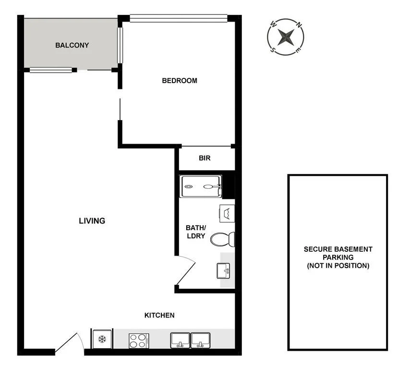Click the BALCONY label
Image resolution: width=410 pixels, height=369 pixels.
pos(72,45)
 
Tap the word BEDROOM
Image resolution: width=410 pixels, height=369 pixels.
pos(180,81)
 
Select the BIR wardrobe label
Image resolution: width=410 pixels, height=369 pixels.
pos(205,158)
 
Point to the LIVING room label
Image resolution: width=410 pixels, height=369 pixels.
pos(92,221)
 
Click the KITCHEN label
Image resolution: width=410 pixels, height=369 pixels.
pos(159,315)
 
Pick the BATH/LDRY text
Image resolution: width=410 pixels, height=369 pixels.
pos(195,232)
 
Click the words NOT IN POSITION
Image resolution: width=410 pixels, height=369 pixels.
pos(338,266)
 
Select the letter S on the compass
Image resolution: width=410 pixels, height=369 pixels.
pos(274,48)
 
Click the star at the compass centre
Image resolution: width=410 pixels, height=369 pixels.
pos(286,37)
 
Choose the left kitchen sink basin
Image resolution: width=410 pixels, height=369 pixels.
pos(180,340)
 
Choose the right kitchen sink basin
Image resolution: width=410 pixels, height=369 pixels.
pos(201,340)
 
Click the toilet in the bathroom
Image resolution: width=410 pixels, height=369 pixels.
pos(224,239)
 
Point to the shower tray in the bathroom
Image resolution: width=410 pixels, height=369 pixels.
pos(201,186)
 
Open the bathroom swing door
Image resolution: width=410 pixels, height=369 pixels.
pos(185,271)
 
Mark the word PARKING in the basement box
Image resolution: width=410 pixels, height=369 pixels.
pos(338,258)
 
